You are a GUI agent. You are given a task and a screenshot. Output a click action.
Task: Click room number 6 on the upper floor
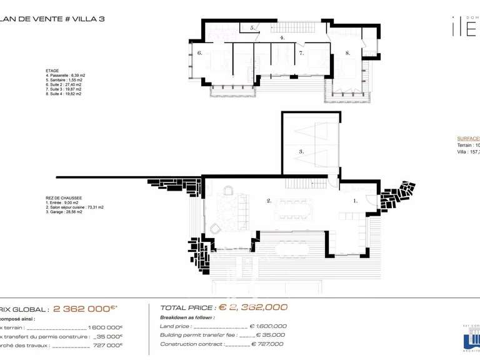199,54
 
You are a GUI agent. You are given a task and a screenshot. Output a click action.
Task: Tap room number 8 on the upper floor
347,54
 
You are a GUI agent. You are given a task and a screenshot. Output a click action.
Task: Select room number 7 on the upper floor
301,54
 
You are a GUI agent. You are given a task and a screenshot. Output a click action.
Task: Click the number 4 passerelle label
282,38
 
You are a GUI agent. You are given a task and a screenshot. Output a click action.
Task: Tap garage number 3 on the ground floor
301,151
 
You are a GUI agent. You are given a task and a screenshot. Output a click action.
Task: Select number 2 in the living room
269,201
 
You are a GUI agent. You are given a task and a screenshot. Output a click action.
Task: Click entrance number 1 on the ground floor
356,201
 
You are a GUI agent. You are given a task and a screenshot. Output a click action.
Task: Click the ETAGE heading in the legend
53,71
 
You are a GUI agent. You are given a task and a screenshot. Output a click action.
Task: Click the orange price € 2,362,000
252,307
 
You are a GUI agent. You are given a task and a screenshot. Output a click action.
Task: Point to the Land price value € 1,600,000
268,326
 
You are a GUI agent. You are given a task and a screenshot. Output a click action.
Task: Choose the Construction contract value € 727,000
267,344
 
